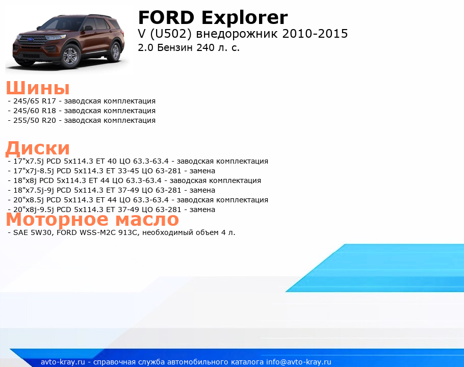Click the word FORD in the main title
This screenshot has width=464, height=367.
[x=166, y=17]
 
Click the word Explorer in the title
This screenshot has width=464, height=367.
[x=244, y=18]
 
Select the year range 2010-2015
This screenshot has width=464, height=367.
[x=315, y=34]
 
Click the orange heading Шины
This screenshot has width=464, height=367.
[x=38, y=88]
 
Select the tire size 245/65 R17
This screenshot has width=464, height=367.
[x=35, y=101]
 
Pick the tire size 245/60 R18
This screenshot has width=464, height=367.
[x=35, y=111]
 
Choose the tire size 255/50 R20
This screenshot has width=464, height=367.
[x=35, y=121]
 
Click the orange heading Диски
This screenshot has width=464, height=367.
[x=38, y=148]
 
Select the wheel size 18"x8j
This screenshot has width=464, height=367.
[x=25, y=180]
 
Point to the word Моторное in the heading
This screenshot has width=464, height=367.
[x=58, y=219]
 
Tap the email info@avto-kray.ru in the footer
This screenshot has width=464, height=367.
[x=299, y=362]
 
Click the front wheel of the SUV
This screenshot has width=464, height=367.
[x=70, y=56]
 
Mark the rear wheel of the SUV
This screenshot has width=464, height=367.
[x=115, y=52]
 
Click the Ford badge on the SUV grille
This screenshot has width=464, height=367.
[x=30, y=39]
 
